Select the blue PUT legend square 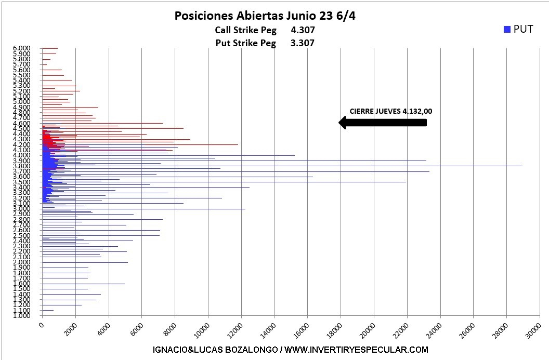[507, 30]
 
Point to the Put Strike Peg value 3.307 [303, 43]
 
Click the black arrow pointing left [383, 123]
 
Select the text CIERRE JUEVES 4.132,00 [390, 111]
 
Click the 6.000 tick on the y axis [22, 48]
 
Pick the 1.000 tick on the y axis [22, 315]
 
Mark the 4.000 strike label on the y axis [22, 155]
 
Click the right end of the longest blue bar [522, 166]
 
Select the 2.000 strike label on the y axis [22, 262]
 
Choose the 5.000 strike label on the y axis [22, 102]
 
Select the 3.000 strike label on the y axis [22, 208]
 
